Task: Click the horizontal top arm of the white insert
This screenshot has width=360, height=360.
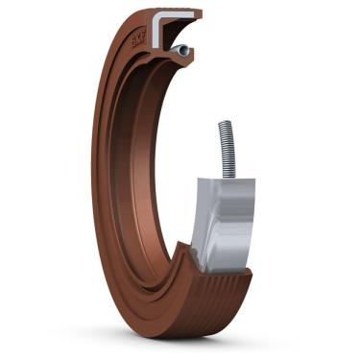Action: pos(178,16)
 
